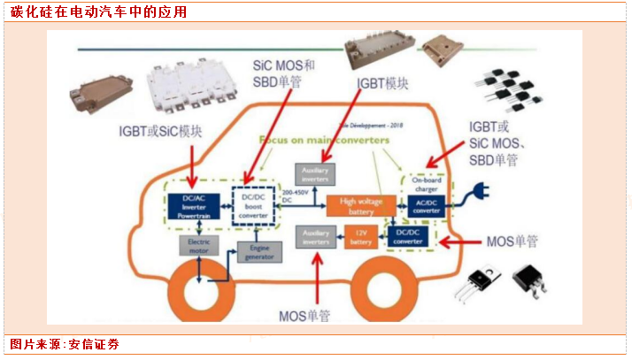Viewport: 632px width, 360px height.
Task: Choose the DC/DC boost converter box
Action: [253, 204]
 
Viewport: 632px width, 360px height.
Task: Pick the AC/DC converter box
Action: [428, 205]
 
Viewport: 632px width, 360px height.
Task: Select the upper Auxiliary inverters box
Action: [315, 173]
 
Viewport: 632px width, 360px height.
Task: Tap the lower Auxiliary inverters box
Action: [315, 236]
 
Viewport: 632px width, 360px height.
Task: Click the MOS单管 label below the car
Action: [304, 316]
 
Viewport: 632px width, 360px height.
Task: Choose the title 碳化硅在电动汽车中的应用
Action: [98, 11]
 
